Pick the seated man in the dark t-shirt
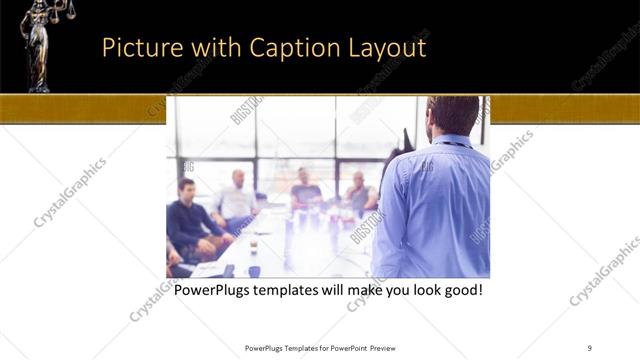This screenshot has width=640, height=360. pyautogui.click(x=306, y=190)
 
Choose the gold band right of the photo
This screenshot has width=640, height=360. pyautogui.click(x=564, y=109)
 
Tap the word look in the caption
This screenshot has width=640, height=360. pyautogui.click(x=416, y=291)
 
